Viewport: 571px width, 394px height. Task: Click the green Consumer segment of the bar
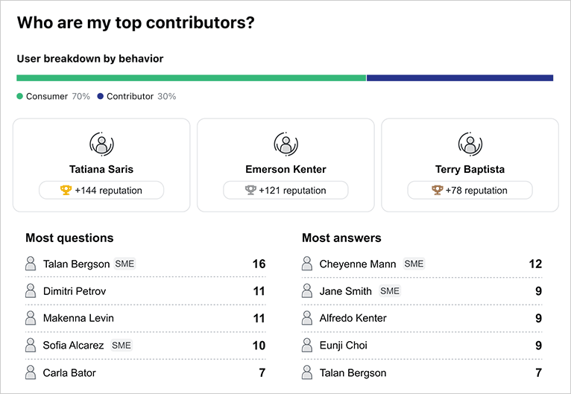click(x=191, y=77)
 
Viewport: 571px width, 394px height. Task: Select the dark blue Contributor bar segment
click(x=459, y=77)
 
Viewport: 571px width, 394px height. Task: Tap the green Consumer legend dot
click(x=20, y=97)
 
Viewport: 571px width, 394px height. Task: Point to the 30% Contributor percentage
click(x=167, y=97)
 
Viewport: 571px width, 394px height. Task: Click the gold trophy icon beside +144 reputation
click(x=66, y=191)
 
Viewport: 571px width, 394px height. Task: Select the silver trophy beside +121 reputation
click(x=250, y=191)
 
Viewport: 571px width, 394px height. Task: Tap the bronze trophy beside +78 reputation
click(x=437, y=191)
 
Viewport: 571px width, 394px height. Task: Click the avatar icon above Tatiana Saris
click(x=101, y=144)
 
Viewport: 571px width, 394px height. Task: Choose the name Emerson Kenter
click(x=285, y=170)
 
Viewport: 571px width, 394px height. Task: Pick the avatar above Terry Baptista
click(x=470, y=144)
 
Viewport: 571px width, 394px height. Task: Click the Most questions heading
click(x=69, y=238)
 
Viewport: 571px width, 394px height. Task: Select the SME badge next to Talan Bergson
click(x=124, y=264)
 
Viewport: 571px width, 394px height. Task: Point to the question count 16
click(x=259, y=264)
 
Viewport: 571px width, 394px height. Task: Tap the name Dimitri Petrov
click(x=75, y=291)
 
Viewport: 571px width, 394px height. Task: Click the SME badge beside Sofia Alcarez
click(x=121, y=346)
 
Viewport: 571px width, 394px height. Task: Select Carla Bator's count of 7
click(x=262, y=372)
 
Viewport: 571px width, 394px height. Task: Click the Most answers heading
click(x=341, y=238)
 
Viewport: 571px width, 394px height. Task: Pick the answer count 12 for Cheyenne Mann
click(x=535, y=264)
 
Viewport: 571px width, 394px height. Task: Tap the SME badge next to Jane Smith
click(x=390, y=291)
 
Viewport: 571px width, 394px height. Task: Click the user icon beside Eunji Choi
click(x=306, y=345)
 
